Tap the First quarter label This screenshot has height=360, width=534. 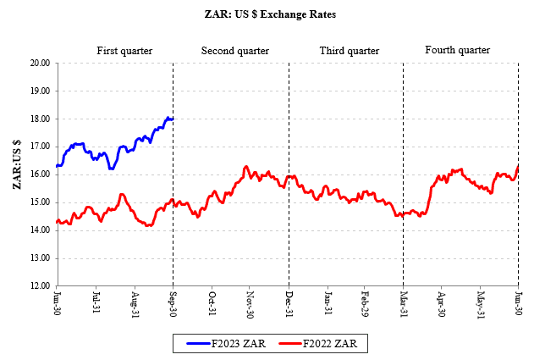click(124, 51)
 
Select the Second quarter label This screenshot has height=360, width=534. click(234, 51)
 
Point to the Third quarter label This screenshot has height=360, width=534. click(349, 51)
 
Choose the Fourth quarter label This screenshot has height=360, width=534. click(457, 51)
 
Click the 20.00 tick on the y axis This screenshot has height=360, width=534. click(39, 63)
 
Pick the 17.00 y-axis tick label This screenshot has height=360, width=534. click(39, 147)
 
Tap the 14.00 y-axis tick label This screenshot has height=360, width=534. click(39, 230)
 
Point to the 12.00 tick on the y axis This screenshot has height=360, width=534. click(39, 285)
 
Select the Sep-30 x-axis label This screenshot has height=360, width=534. click(173, 304)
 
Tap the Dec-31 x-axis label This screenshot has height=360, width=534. click(289, 304)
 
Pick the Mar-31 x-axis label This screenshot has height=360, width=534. click(404, 304)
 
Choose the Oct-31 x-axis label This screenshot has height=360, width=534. click(212, 304)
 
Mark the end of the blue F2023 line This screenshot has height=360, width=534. click(173, 119)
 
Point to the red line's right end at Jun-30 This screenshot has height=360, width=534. click(518, 166)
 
